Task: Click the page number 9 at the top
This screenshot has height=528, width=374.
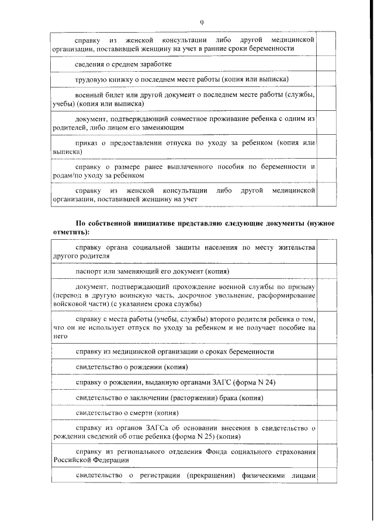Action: (201, 22)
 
